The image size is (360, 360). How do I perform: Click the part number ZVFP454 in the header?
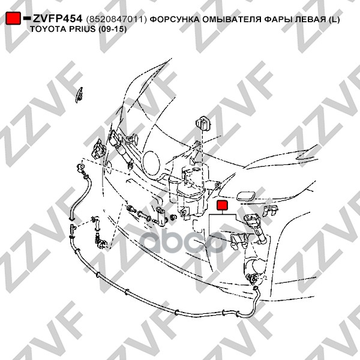click(x=58, y=19)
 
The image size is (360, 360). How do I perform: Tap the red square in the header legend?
click(x=13, y=18)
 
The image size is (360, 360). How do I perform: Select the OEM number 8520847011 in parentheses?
click(x=116, y=19)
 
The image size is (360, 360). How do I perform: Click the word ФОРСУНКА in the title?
click(x=175, y=19)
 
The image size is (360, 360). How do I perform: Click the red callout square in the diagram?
click(x=222, y=205)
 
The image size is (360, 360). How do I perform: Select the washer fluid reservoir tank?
click(x=190, y=192)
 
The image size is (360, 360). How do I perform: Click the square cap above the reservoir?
click(x=203, y=123)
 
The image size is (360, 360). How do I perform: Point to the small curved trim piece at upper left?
click(x=79, y=95)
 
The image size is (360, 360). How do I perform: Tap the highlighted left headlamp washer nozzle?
click(x=256, y=228)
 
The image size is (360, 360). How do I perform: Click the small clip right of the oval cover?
click(x=271, y=209)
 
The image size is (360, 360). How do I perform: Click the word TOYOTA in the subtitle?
click(x=46, y=29)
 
